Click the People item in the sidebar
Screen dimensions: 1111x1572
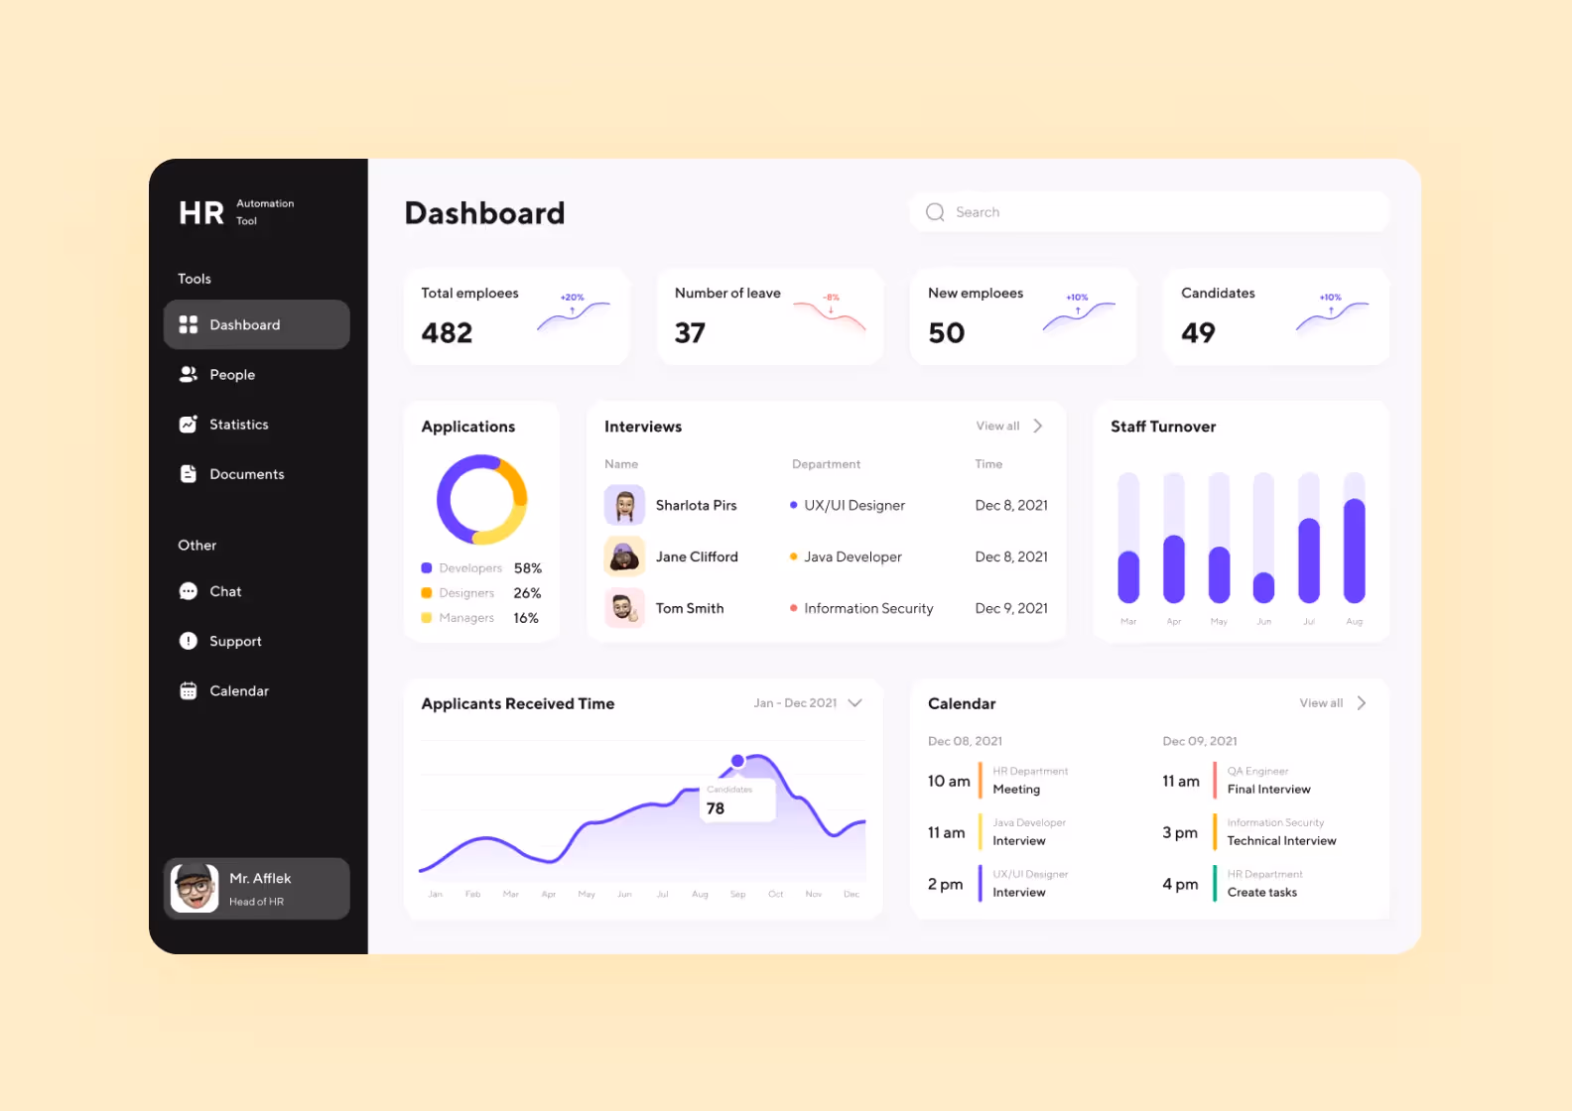pyautogui.click(x=231, y=375)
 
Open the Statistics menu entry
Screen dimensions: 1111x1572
pyautogui.click(x=238, y=425)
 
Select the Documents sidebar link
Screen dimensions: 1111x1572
pyautogui.click(x=246, y=474)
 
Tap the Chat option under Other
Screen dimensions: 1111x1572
pyautogui.click(x=225, y=591)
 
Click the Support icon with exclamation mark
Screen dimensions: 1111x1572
pyautogui.click(x=189, y=641)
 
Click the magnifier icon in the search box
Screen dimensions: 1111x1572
pyautogui.click(x=935, y=212)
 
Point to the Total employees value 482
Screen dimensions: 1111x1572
pyautogui.click(x=447, y=333)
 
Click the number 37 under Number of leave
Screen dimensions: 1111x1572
pyautogui.click(x=690, y=333)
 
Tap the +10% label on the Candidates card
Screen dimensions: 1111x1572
pyautogui.click(x=1330, y=298)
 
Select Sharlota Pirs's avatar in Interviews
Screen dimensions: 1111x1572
pyautogui.click(x=624, y=505)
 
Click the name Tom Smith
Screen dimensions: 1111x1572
pyautogui.click(x=690, y=608)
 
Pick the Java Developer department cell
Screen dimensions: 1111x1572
pyautogui.click(x=852, y=556)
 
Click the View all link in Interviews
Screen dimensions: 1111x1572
pyautogui.click(x=998, y=427)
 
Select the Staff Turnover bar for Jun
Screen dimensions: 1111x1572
pyautogui.click(x=1263, y=587)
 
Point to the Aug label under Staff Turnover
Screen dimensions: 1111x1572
pyautogui.click(x=1355, y=622)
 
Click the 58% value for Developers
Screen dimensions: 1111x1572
pyautogui.click(x=528, y=568)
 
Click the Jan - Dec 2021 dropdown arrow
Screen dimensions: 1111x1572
pyautogui.click(x=855, y=703)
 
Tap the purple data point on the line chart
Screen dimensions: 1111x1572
pyautogui.click(x=737, y=761)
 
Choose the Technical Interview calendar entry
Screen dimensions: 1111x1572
pyautogui.click(x=1281, y=841)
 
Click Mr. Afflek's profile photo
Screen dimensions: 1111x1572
pyautogui.click(x=195, y=888)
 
